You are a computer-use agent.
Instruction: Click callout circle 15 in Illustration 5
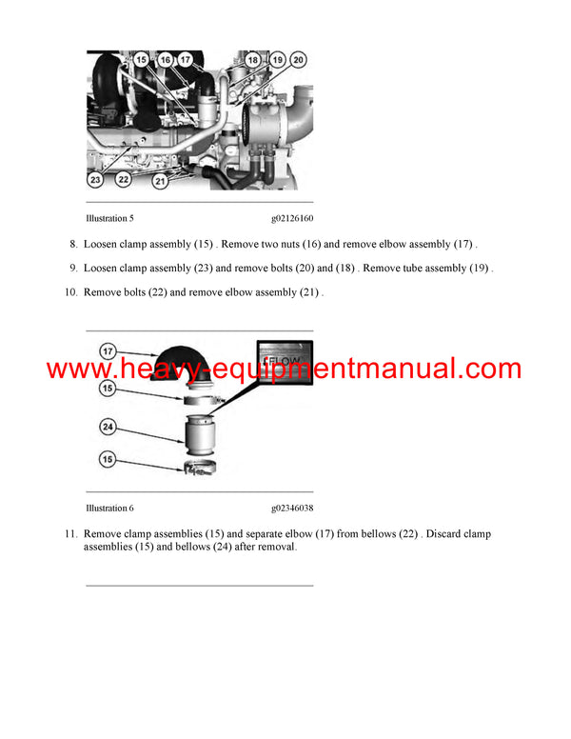(141, 61)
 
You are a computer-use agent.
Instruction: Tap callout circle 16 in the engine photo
(164, 61)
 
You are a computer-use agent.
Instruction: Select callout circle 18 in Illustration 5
(253, 61)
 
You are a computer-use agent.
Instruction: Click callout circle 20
(298, 61)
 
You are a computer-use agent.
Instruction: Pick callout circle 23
(96, 179)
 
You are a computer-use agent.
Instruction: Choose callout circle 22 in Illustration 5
(123, 179)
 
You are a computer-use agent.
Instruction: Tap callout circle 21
(161, 179)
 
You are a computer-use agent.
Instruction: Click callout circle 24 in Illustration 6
(109, 428)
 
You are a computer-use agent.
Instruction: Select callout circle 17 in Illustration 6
(109, 351)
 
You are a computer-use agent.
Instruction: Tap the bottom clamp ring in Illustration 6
(201, 468)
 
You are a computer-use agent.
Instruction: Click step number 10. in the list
(69, 292)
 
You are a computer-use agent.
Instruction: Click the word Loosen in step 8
(103, 244)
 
